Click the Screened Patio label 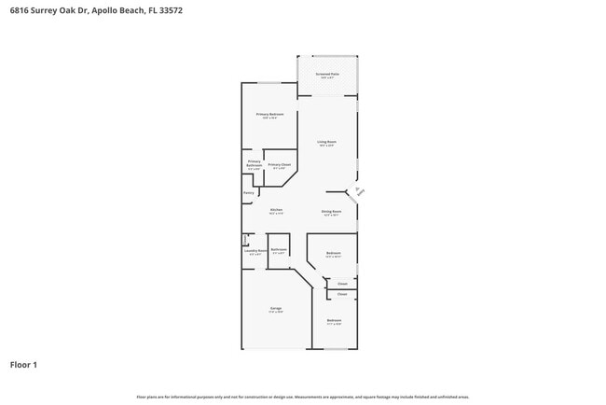(x=326, y=73)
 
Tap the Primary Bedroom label (x=270, y=114)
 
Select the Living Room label (x=326, y=142)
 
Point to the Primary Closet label (x=279, y=164)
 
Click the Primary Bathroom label (x=254, y=163)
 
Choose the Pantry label (x=249, y=193)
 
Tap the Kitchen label (x=276, y=210)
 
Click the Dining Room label (x=331, y=211)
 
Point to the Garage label (x=276, y=308)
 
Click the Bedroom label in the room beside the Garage (x=334, y=320)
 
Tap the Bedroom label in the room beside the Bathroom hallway (x=333, y=253)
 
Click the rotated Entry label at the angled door (x=360, y=191)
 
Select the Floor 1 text (x=23, y=365)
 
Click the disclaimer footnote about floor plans (x=303, y=397)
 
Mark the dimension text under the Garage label (x=276, y=313)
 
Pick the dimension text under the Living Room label (x=326, y=146)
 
